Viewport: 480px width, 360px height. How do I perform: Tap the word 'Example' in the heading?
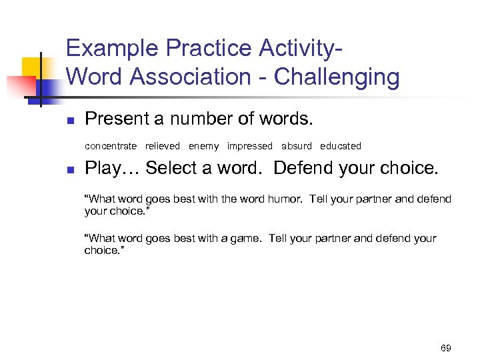pos(113,49)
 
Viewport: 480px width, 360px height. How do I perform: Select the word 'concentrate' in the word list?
pos(111,146)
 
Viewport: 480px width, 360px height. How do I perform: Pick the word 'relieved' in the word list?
pos(163,146)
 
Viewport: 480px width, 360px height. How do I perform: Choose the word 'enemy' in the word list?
pos(203,146)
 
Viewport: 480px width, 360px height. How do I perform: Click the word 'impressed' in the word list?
pos(249,146)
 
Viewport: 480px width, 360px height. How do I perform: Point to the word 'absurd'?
pos(296,146)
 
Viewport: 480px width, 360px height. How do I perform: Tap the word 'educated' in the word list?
pos(340,146)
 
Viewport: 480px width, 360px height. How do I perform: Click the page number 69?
pos(446,348)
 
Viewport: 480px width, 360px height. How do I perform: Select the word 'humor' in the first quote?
pos(287,199)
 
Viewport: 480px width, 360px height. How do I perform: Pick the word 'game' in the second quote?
pos(247,239)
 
